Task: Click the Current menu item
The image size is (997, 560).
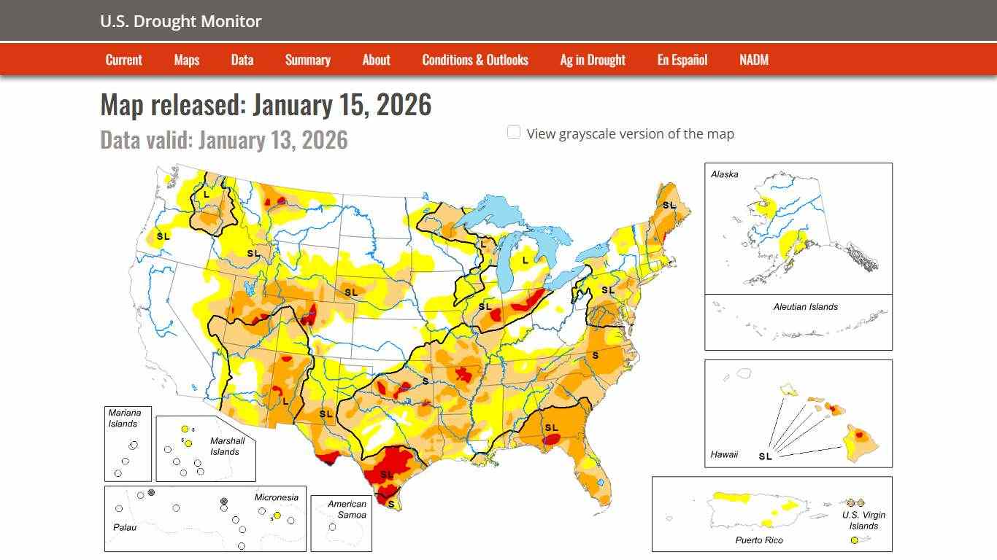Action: tap(123, 60)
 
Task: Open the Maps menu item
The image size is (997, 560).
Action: tap(186, 60)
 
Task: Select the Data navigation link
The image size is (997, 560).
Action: tap(242, 60)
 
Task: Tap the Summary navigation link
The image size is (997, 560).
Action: tap(307, 60)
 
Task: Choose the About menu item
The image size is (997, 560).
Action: tap(376, 60)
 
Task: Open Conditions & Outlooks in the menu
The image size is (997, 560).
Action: tap(474, 60)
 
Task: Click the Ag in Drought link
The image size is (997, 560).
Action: tap(592, 60)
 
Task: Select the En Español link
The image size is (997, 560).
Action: tap(682, 60)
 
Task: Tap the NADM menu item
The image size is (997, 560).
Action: tap(753, 60)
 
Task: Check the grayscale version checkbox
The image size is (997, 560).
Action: tap(514, 133)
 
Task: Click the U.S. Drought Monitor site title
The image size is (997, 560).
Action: tap(180, 21)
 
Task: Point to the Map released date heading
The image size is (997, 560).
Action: tap(266, 105)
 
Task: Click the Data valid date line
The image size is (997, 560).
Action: tap(223, 139)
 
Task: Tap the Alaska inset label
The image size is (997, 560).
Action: tap(724, 174)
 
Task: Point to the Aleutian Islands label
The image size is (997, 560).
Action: tap(805, 307)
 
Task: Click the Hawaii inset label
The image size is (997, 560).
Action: tap(723, 454)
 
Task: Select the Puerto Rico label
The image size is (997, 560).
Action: tap(758, 540)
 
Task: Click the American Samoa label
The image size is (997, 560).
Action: tap(347, 509)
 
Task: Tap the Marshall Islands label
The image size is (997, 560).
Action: tap(227, 446)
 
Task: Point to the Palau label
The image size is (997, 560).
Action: tap(124, 526)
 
